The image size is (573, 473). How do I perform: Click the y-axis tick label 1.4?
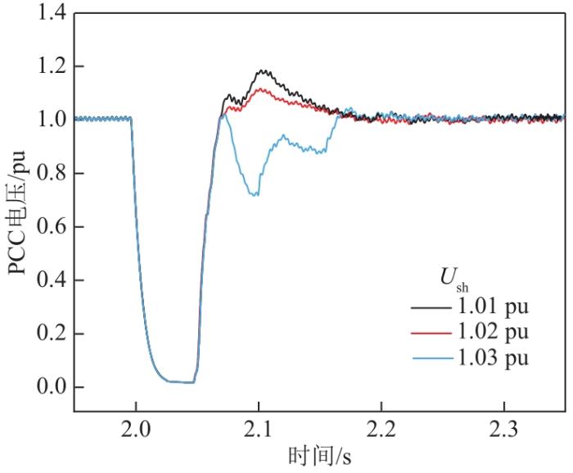click(51, 13)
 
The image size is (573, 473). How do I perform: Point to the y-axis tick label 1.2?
click(51, 66)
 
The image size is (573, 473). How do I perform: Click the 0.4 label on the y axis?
click(51, 280)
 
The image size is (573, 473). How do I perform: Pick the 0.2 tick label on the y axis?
click(51, 334)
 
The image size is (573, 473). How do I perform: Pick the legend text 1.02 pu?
click(492, 333)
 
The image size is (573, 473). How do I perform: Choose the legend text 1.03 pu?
click(492, 357)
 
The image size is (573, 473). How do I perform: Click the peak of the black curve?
click(262, 70)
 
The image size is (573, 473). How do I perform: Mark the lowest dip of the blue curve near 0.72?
click(256, 195)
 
